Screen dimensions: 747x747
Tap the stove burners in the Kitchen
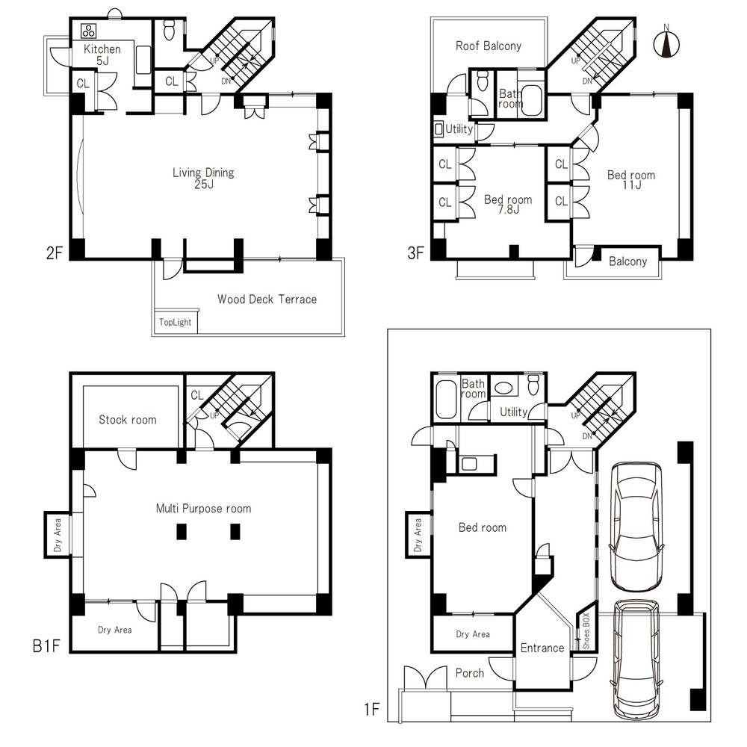click(x=89, y=31)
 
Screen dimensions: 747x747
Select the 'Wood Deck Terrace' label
click(x=267, y=300)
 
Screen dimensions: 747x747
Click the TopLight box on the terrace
click(x=176, y=322)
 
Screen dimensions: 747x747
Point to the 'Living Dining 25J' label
click(x=203, y=179)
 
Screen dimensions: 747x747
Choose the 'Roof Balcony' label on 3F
click(x=489, y=46)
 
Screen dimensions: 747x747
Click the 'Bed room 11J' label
click(x=631, y=179)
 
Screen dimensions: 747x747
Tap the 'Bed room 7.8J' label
click(x=508, y=205)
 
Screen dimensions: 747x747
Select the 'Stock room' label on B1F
click(x=127, y=420)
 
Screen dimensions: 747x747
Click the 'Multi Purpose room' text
click(x=203, y=508)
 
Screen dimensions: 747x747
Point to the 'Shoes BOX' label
click(x=586, y=630)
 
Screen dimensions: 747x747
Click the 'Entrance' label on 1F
click(x=542, y=648)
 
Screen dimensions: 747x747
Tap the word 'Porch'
click(x=469, y=673)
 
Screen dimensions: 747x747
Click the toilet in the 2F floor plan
click(x=169, y=30)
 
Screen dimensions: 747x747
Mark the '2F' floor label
click(x=55, y=252)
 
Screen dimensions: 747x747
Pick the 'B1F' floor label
click(x=46, y=646)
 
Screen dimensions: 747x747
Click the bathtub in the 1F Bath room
click(x=447, y=399)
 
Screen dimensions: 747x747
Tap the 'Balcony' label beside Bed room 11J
click(x=628, y=261)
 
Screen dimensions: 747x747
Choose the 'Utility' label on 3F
click(x=459, y=128)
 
